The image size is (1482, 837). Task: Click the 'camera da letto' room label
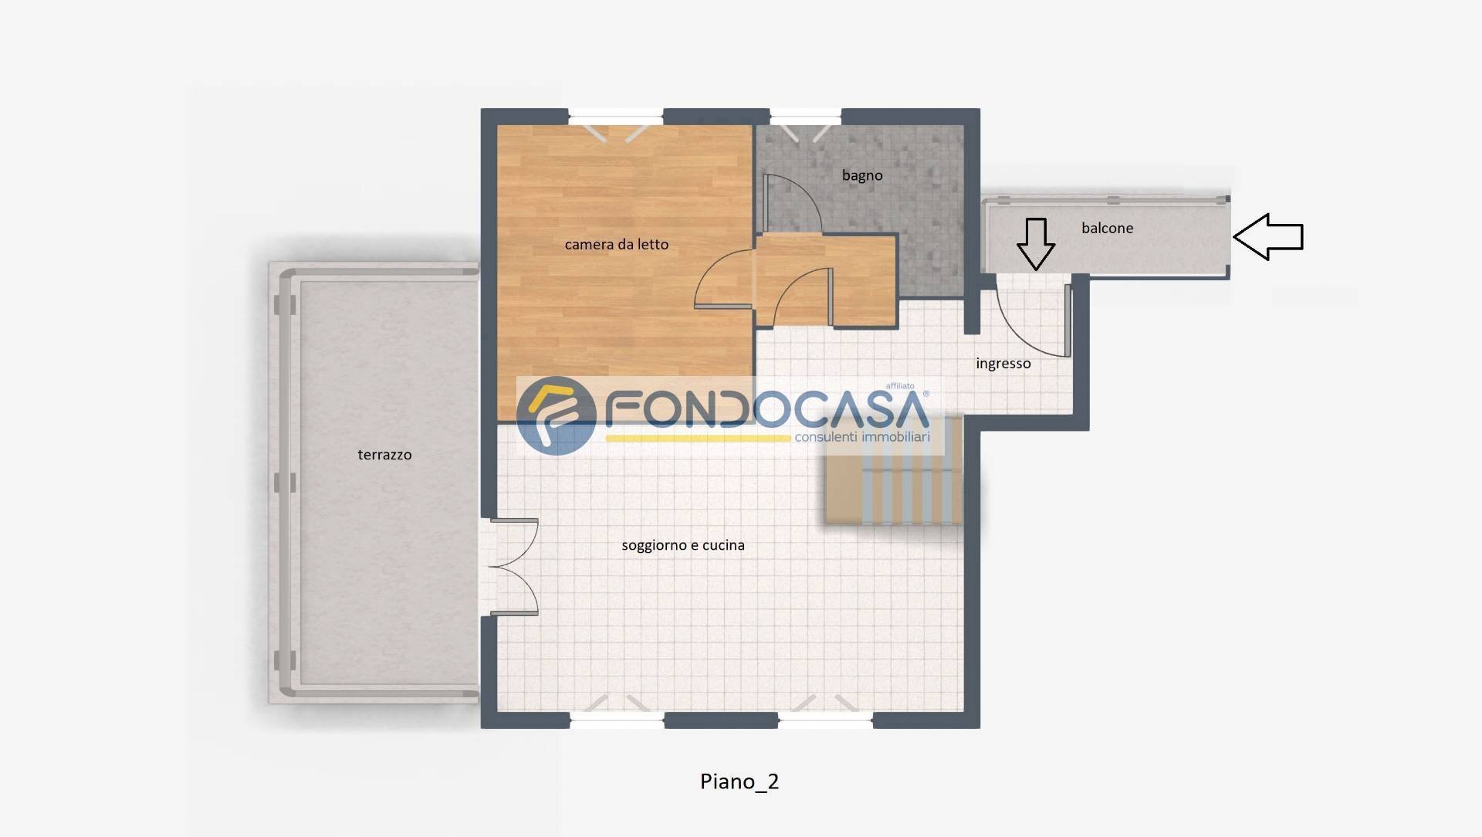616,245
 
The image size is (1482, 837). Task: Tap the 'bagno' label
861,176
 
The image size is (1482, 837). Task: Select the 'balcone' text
1107,229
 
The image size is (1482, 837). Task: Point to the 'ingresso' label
1003,364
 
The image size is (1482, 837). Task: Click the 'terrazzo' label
384,455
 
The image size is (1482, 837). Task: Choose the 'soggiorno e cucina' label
682,545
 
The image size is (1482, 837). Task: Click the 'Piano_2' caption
739,781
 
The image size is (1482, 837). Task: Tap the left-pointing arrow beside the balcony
1267,237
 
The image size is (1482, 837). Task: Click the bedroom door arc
722,280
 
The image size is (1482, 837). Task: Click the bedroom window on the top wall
615,118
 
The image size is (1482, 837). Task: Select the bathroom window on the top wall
804,118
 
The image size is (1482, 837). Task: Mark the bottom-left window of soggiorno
617,720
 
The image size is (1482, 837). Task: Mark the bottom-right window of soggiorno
824,720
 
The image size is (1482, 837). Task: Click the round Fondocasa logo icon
556,415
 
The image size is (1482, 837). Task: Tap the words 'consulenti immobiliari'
861,438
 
